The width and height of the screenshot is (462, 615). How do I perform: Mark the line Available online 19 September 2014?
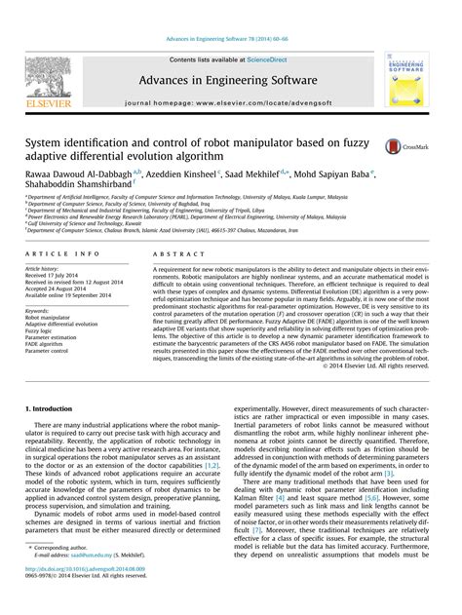[x=69, y=295]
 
